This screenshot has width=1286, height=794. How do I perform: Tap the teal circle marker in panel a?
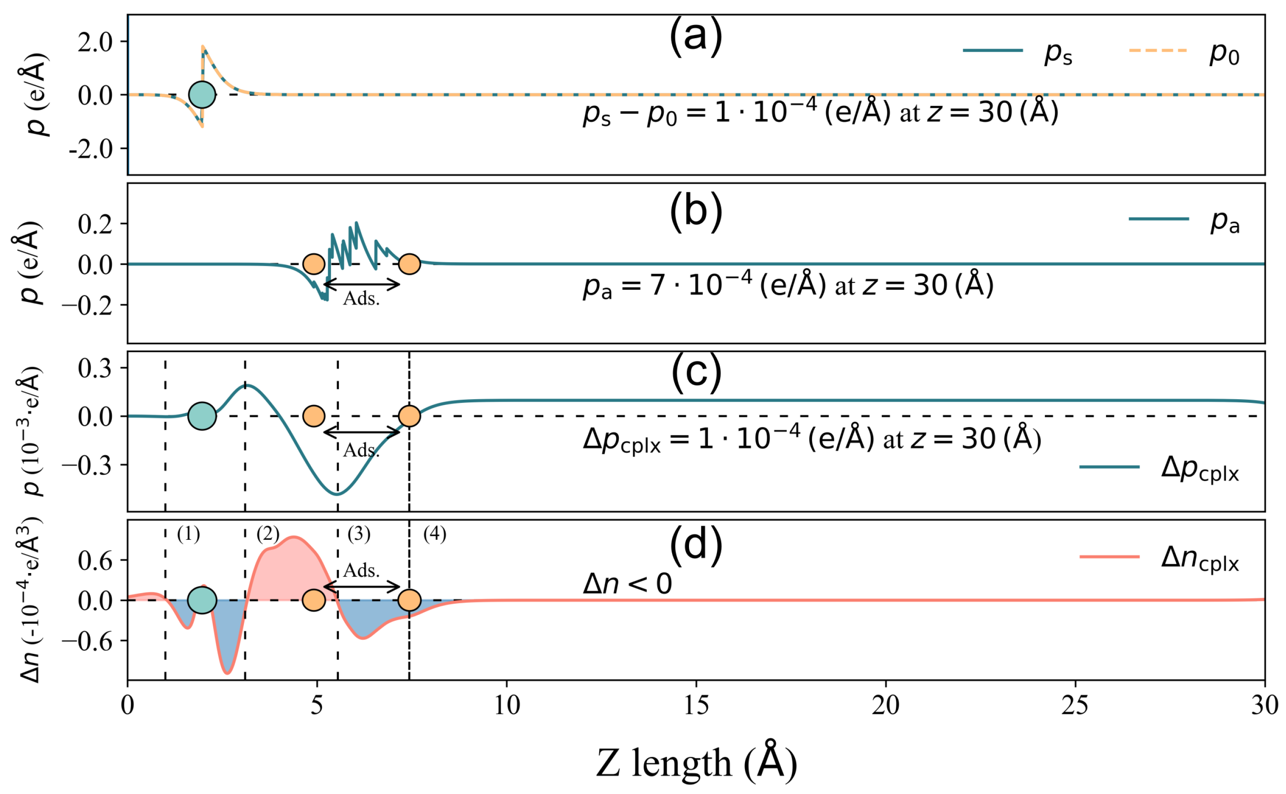(202, 95)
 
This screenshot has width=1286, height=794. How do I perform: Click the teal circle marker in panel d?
(202, 600)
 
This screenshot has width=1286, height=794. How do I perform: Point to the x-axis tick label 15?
(696, 705)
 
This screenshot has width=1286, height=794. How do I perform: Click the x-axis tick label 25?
(1075, 705)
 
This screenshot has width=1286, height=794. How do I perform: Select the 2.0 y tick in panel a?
(95, 42)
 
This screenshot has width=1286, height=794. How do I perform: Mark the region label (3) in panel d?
(359, 534)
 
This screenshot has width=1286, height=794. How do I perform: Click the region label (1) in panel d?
(188, 534)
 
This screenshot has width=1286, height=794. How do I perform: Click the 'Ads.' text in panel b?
(361, 299)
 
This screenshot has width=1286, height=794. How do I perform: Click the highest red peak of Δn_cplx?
(293, 537)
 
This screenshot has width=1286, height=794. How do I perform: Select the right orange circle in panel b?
(409, 264)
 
